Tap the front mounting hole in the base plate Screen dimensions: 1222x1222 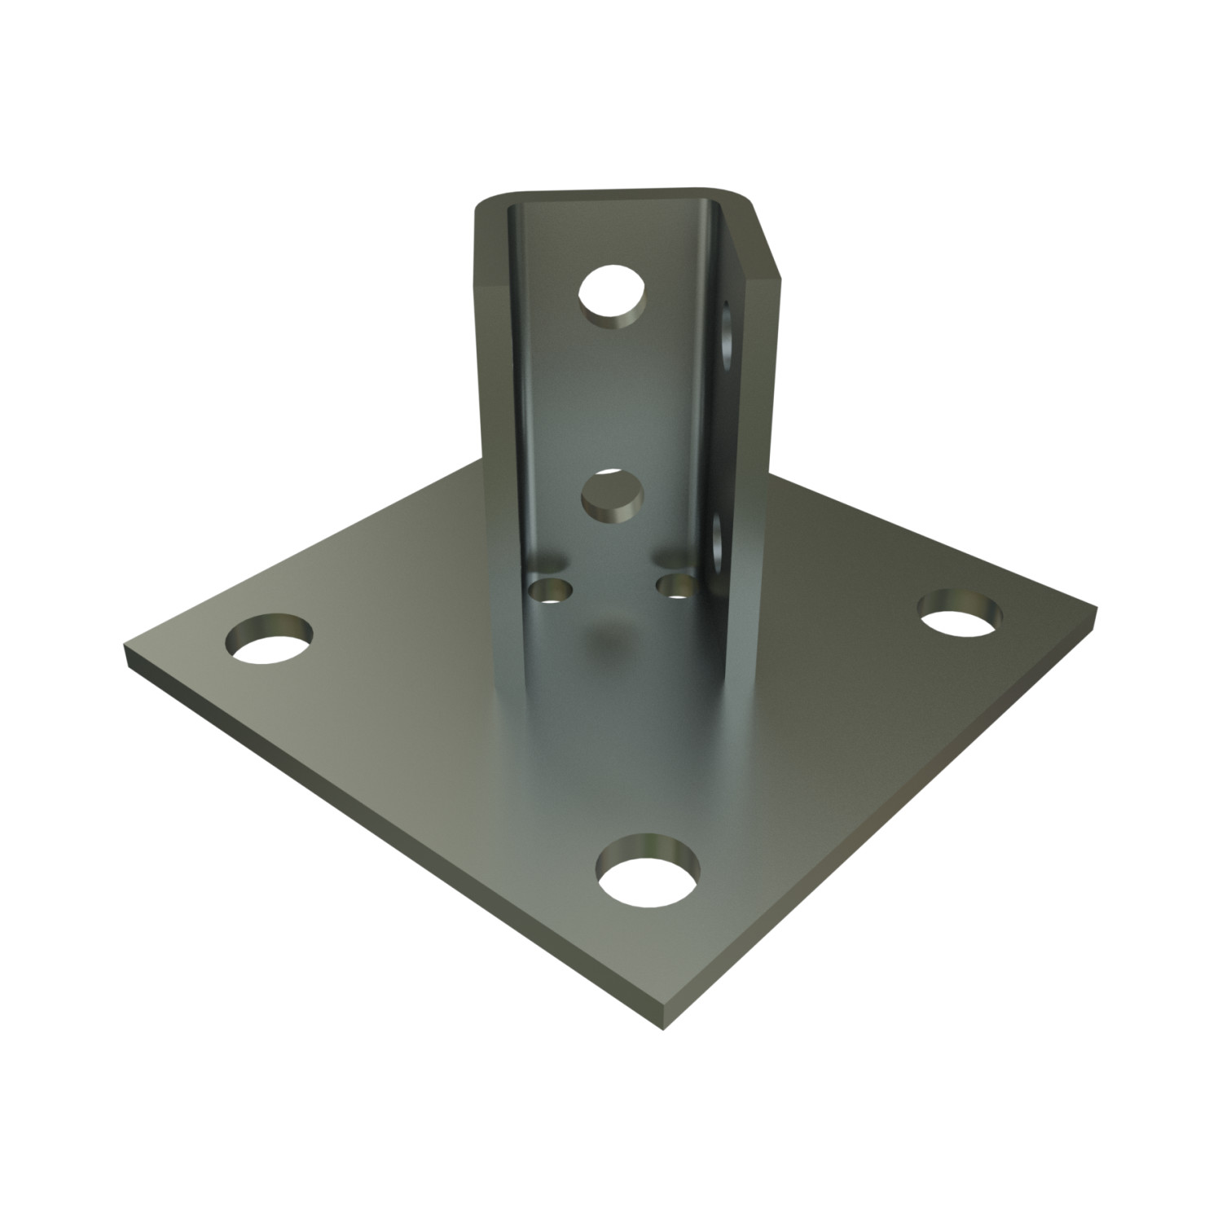coord(648,881)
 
